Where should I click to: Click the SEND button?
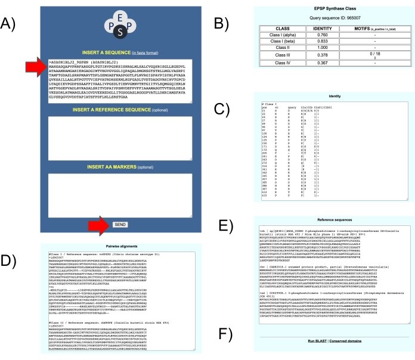[x=120, y=225]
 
